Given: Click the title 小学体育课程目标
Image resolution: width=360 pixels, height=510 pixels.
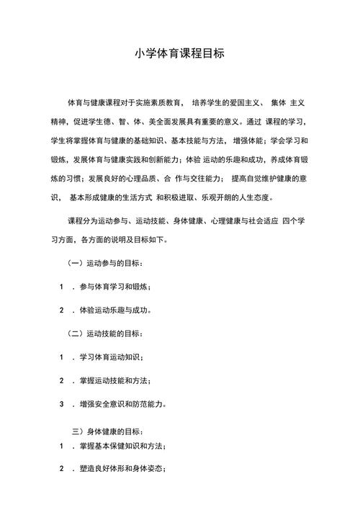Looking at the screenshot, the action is (x=180, y=54).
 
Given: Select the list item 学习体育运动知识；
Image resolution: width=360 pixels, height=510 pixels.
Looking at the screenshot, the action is (x=112, y=357).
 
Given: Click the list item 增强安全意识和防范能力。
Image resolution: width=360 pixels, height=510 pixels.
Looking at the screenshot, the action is (x=123, y=404).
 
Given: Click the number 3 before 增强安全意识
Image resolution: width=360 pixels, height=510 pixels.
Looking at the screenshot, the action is (x=63, y=404).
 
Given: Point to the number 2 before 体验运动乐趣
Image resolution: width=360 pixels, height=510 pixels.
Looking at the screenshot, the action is (x=63, y=310).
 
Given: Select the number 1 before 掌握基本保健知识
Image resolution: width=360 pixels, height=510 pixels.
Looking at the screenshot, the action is (x=63, y=447).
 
